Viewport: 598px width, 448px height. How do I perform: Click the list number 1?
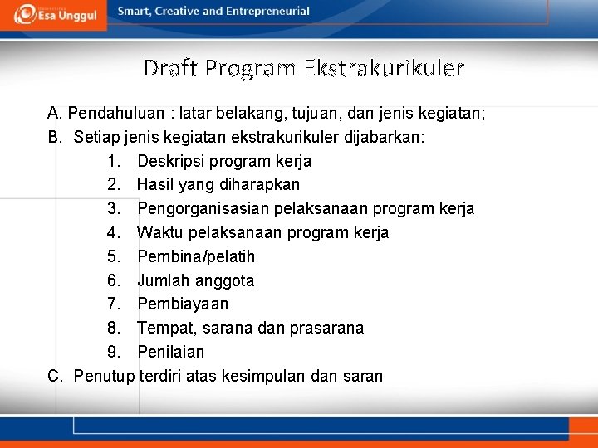[114, 161]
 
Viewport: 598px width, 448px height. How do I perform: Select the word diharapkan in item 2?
[259, 184]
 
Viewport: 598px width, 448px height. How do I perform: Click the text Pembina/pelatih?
[196, 256]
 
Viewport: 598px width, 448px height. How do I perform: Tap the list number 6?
[114, 280]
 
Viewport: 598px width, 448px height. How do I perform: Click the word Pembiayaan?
[183, 304]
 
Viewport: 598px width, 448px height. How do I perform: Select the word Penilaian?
[171, 352]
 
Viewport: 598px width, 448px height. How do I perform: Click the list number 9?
[114, 352]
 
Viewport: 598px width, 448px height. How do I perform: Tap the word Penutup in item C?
[104, 376]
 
